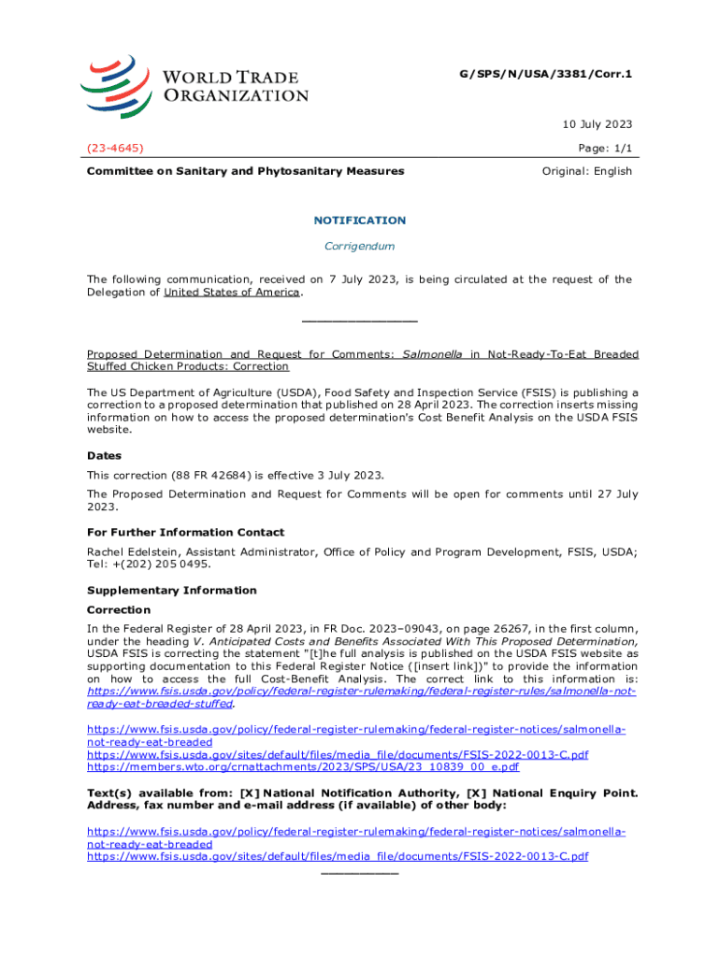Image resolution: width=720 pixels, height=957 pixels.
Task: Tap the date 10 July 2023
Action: pyautogui.click(x=597, y=124)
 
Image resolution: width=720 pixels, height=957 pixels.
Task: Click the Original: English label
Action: pyautogui.click(x=587, y=171)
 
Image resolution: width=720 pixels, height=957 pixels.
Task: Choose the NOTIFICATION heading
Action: pyautogui.click(x=359, y=221)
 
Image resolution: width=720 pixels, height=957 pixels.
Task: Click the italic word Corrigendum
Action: pyautogui.click(x=359, y=247)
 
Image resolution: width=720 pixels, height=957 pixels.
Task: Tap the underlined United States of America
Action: pyautogui.click(x=232, y=293)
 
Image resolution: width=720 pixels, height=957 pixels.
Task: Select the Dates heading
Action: pyautogui.click(x=104, y=457)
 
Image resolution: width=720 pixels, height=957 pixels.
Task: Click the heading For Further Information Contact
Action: pyautogui.click(x=185, y=533)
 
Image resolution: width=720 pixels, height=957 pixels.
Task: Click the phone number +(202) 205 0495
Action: pyautogui.click(x=162, y=564)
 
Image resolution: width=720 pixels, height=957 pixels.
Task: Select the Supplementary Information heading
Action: pyautogui.click(x=171, y=591)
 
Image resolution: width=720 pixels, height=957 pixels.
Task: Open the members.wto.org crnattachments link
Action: pyautogui.click(x=303, y=767)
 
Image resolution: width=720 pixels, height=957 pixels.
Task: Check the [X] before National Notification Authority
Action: pyautogui.click(x=251, y=793)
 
